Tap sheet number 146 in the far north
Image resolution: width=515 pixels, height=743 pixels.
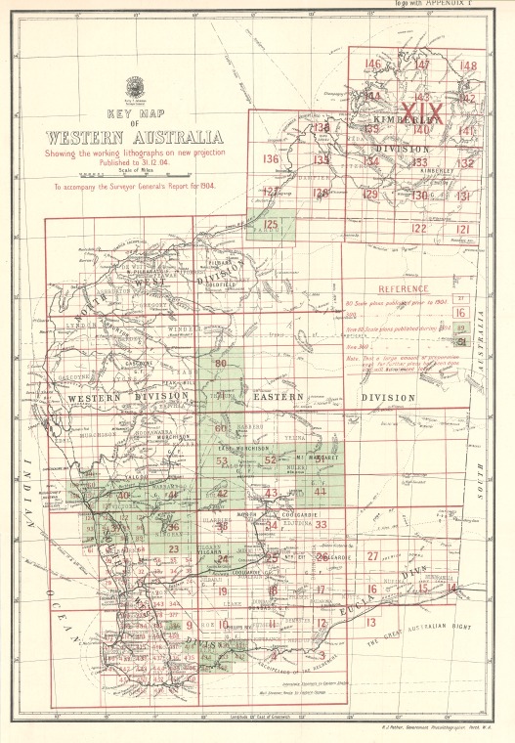pos(372,65)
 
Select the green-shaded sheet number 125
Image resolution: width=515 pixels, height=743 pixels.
pos(271,225)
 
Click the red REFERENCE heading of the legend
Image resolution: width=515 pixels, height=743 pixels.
pos(404,290)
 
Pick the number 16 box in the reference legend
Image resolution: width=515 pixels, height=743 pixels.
pos(460,312)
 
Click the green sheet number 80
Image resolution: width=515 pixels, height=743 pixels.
pos(221,365)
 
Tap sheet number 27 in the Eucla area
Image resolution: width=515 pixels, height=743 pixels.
pos(372,555)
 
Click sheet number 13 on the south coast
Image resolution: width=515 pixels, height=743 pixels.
pos(370,622)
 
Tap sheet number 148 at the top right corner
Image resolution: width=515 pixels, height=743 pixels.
pos(468,66)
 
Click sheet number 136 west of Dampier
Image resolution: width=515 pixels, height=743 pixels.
pos(271,159)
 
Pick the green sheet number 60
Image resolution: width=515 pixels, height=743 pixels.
pos(221,428)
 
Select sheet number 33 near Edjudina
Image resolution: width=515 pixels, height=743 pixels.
pos(321,525)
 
